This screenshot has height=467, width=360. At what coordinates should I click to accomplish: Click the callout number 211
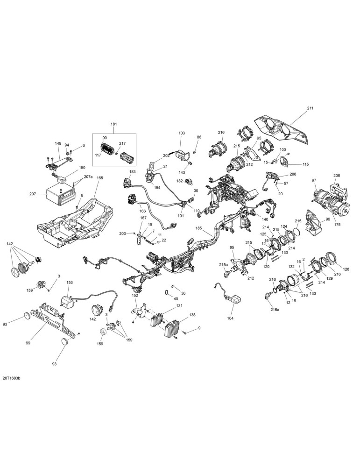[x=310, y=108]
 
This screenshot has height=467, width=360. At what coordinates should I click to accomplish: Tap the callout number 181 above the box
[x=114, y=124]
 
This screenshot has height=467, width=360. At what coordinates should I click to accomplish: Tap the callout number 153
[x=70, y=282]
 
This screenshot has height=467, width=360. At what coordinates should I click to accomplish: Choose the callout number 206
[x=337, y=176]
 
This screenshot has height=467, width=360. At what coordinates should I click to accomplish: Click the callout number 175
[x=336, y=224]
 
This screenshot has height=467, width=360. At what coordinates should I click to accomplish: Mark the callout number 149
[x=58, y=143]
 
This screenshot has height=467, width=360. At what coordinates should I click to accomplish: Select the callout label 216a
[x=275, y=310]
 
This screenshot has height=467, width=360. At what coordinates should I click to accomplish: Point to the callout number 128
[x=346, y=269]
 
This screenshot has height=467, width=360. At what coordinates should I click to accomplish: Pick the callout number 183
[x=132, y=171]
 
